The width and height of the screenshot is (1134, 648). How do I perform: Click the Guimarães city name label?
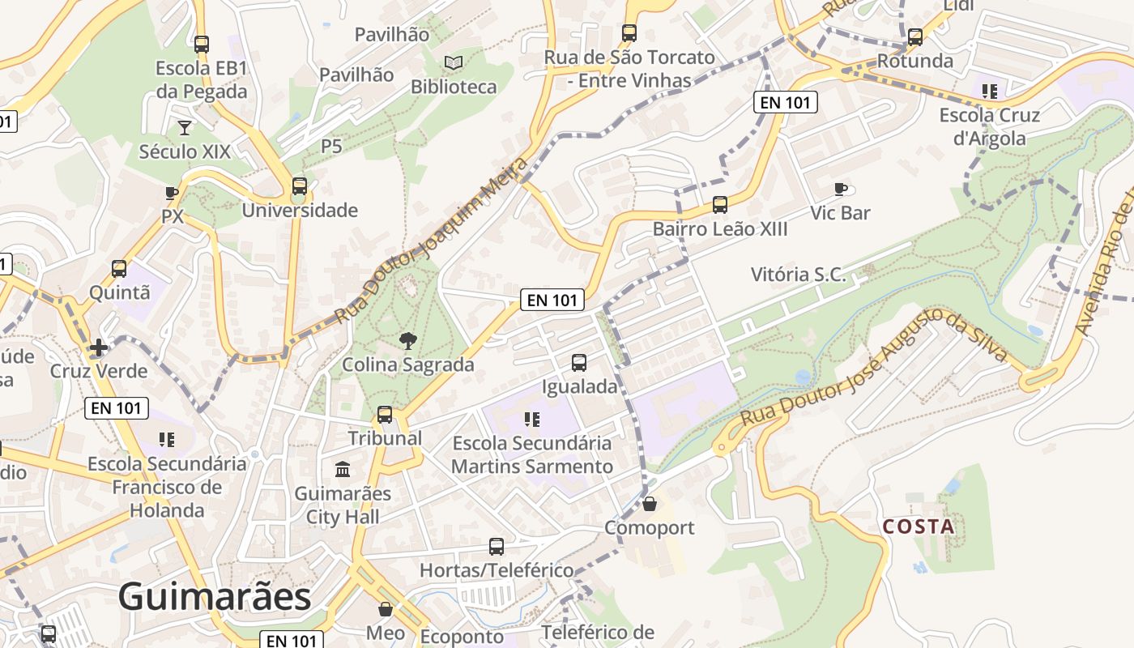pyautogui.click(x=215, y=597)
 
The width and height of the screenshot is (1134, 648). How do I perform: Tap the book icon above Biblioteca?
pyautogui.click(x=454, y=62)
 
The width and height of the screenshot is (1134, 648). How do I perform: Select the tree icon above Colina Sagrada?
pyautogui.click(x=408, y=340)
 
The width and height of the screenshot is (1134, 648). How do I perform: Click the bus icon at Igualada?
pyautogui.click(x=579, y=362)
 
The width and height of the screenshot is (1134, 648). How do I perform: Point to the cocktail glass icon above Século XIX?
pyautogui.click(x=185, y=127)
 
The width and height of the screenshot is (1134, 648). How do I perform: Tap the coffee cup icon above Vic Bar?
pyautogui.click(x=841, y=189)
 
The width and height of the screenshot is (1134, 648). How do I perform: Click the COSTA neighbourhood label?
pyautogui.click(x=919, y=526)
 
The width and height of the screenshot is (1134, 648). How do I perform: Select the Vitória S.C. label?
pyautogui.click(x=798, y=275)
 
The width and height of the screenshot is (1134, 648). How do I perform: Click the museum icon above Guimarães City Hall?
pyautogui.click(x=343, y=469)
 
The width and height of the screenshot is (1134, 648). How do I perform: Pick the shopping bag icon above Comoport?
pyautogui.click(x=649, y=504)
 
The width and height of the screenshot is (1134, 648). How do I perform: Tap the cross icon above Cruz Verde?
pyautogui.click(x=99, y=347)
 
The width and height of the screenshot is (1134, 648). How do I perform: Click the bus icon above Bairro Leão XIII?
pyautogui.click(x=720, y=205)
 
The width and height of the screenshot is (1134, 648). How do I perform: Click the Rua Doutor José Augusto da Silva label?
pyautogui.click(x=875, y=366)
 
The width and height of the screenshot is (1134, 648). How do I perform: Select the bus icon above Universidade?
pyautogui.click(x=300, y=186)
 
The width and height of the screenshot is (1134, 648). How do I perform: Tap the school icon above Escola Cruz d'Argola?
pyautogui.click(x=989, y=91)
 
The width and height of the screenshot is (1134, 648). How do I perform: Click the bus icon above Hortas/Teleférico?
pyautogui.click(x=497, y=547)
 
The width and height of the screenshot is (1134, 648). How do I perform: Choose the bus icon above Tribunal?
pyautogui.click(x=385, y=415)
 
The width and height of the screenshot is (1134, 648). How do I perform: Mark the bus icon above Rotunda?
pyautogui.click(x=915, y=36)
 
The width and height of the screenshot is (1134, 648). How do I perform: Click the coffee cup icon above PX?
pyautogui.click(x=172, y=193)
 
